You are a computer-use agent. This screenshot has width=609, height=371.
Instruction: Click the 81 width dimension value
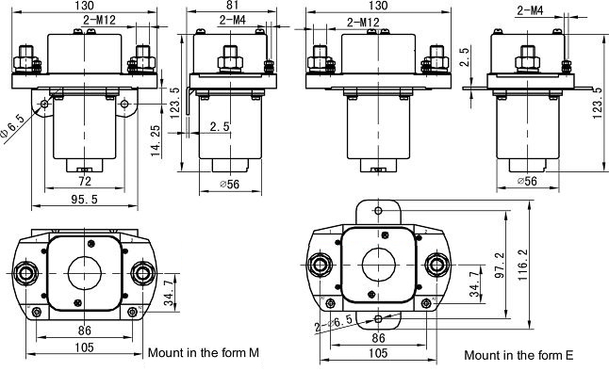232,5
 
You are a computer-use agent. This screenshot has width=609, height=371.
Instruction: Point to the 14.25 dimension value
156,141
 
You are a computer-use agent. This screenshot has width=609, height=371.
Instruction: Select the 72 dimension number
85,181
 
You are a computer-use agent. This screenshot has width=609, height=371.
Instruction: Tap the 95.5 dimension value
84,199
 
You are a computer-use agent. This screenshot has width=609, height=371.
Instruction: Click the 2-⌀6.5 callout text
334,324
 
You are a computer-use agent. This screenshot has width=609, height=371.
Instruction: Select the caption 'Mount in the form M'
203,353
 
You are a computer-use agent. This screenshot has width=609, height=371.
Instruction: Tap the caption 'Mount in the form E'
518,355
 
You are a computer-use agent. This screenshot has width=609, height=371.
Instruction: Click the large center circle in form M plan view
85,273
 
